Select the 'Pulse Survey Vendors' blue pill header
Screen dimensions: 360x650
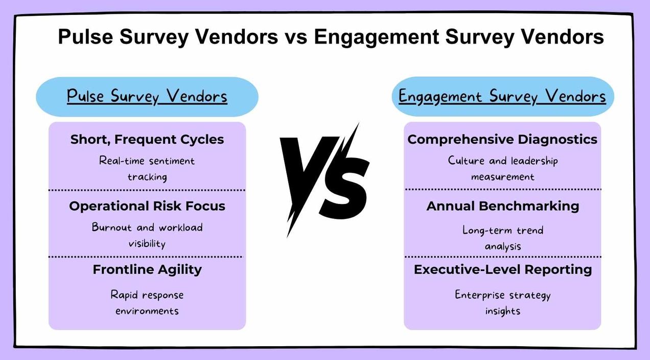pos(147,97)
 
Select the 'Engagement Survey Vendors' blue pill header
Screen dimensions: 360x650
pos(502,96)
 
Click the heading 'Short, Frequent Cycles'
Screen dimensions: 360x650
pos(147,139)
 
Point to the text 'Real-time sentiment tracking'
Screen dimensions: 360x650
pos(147,169)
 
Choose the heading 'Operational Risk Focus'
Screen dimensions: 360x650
pos(147,206)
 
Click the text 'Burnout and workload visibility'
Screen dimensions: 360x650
pos(147,235)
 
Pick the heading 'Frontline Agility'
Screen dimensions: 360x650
pos(147,269)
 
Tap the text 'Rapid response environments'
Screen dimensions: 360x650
pos(147,303)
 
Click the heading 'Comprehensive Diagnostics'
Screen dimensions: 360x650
pos(502,139)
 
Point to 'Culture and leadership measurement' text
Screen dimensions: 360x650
pos(503,168)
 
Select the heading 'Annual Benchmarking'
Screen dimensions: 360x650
pos(503,206)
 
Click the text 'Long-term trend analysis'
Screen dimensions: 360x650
pos(503,238)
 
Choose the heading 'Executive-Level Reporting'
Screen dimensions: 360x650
pos(503,269)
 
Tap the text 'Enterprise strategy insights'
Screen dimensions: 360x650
pos(503,303)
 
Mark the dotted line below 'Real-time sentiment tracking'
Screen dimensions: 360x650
pos(147,190)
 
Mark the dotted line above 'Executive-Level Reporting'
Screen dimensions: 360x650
pos(503,257)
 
